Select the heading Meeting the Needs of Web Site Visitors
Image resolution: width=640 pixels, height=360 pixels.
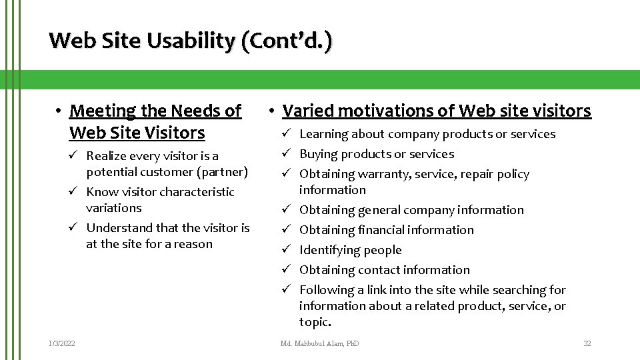(155, 121)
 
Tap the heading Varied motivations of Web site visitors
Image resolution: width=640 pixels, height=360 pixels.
(437, 111)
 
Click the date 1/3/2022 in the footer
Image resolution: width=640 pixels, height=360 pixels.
(61, 343)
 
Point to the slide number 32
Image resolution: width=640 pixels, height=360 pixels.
(587, 343)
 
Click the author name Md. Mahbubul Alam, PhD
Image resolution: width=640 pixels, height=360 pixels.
(319, 343)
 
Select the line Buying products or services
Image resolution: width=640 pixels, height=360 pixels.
(377, 154)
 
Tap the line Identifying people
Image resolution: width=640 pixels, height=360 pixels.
(350, 250)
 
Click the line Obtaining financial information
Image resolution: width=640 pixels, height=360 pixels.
(387, 230)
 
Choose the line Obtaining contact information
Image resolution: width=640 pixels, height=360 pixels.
(385, 270)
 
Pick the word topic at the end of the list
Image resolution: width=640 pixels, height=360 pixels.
(315, 322)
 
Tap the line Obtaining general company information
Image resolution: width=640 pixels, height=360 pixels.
(411, 210)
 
